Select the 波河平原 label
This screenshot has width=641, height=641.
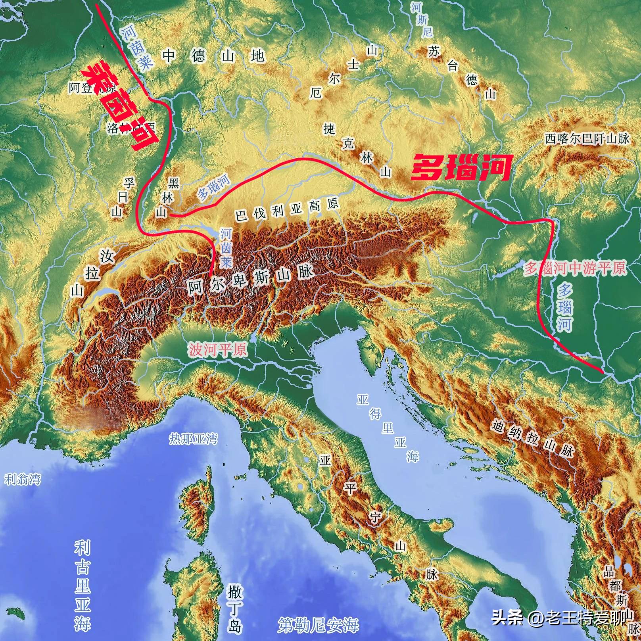(218, 350)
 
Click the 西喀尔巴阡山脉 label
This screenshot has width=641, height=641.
(587, 138)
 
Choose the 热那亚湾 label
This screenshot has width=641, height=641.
(193, 439)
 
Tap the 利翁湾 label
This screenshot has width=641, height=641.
(22, 479)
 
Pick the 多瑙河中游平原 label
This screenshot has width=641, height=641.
(575, 268)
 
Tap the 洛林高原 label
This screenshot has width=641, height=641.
(131, 128)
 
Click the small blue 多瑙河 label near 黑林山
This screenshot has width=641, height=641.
(214, 186)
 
